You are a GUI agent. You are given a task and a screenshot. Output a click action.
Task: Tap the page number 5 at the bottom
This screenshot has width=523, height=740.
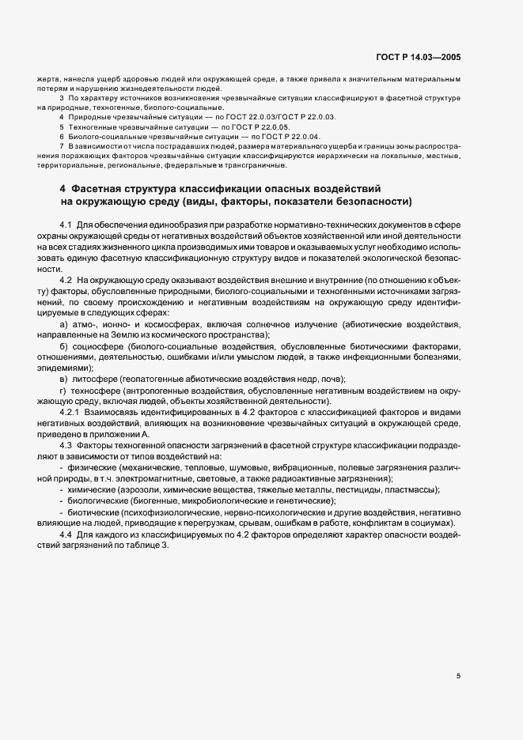tap(458, 676)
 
